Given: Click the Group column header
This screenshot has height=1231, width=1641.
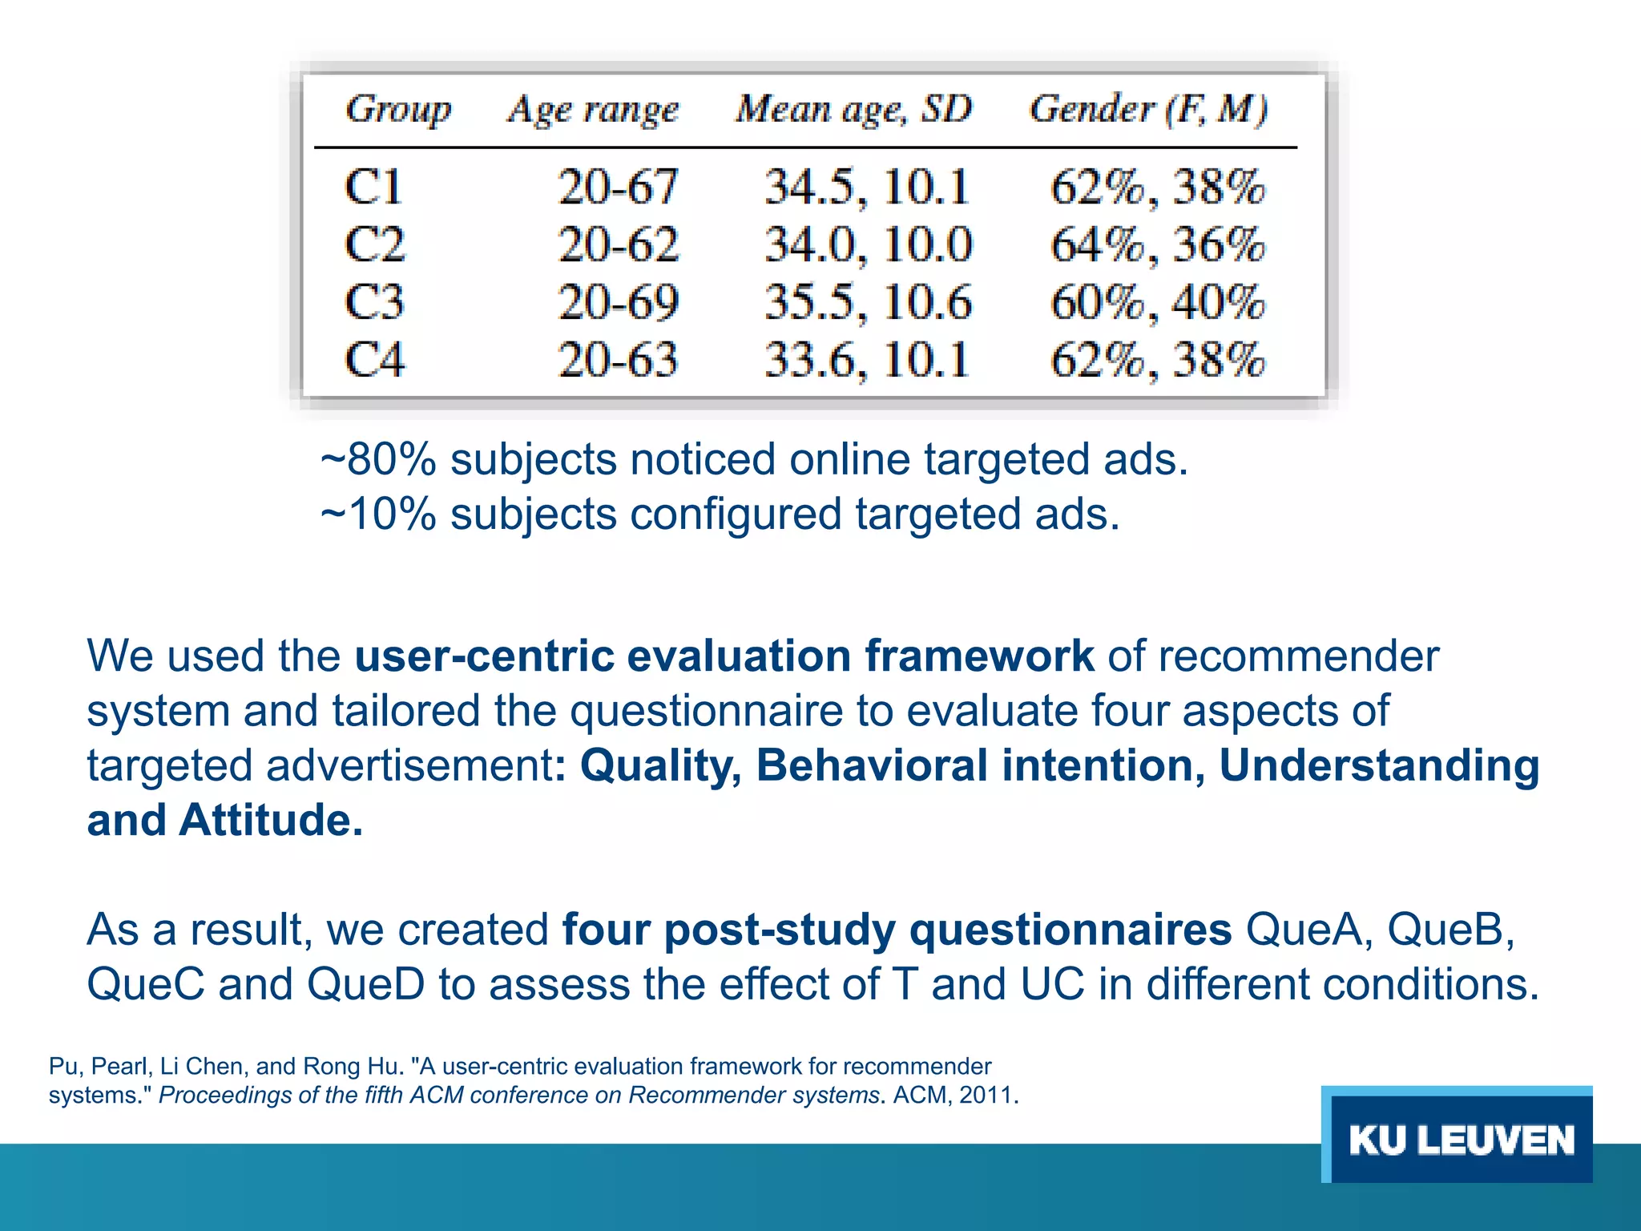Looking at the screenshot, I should pyautogui.click(x=398, y=109).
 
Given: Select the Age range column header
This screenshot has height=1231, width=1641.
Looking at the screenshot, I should pyautogui.click(x=593, y=110).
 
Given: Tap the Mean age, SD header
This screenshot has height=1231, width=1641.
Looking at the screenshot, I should pyautogui.click(x=854, y=109).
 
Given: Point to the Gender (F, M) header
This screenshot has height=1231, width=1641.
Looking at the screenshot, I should pyautogui.click(x=1148, y=109).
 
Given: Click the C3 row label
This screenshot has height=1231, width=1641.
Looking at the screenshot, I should pyautogui.click(x=374, y=302).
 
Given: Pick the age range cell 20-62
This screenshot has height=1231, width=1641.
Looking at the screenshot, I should pyautogui.click(x=619, y=244).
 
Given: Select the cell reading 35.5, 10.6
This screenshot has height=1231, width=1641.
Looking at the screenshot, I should pyautogui.click(x=868, y=302).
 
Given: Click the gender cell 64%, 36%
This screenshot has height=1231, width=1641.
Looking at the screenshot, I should pyautogui.click(x=1157, y=244).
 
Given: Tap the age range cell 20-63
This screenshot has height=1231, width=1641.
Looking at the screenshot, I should pyautogui.click(x=619, y=359).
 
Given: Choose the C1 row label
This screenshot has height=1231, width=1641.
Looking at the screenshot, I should pyautogui.click(x=373, y=187).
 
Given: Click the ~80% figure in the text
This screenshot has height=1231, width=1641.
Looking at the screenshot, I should pyautogui.click(x=378, y=460).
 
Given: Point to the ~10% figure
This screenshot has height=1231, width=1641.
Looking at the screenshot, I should pyautogui.click(x=378, y=515).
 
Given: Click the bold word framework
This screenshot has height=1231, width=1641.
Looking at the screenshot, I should pyautogui.click(x=978, y=656).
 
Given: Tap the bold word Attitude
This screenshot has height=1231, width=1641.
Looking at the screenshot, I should pyautogui.click(x=271, y=821).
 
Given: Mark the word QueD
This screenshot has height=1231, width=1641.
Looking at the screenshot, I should pyautogui.click(x=365, y=985).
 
